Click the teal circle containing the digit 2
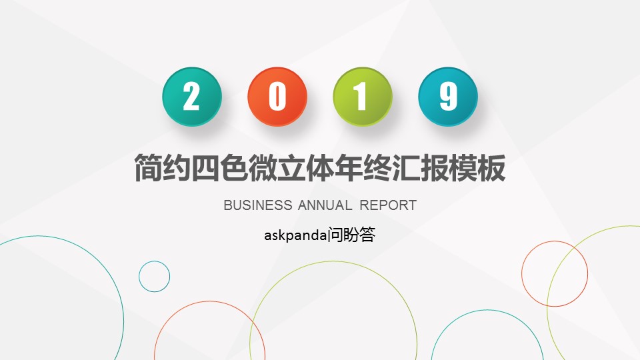(x=192, y=97)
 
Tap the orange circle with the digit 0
(x=277, y=97)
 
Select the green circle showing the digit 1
(x=363, y=97)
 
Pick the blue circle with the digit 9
(x=448, y=97)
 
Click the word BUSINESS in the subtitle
(x=258, y=205)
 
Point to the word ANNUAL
(x=325, y=205)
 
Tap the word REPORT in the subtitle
(x=388, y=205)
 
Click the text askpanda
(x=295, y=235)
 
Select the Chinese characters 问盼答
(x=351, y=235)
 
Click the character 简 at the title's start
(x=149, y=168)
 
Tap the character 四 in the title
(x=206, y=168)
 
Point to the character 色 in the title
(x=234, y=168)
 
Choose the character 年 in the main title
(x=349, y=168)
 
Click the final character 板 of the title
(x=491, y=168)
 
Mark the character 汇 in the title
(x=406, y=168)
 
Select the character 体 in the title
(x=320, y=168)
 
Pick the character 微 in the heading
(x=263, y=168)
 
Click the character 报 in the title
(x=434, y=168)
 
